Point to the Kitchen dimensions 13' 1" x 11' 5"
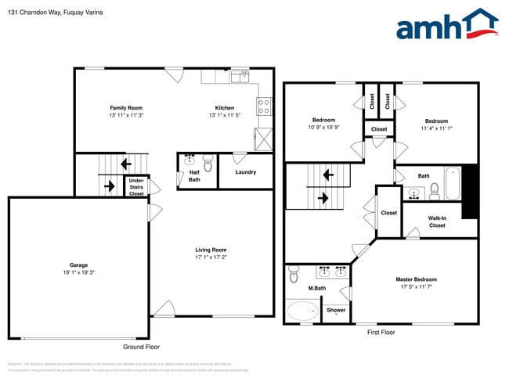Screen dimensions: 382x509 (x=225, y=115)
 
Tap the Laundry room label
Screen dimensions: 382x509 (x=245, y=172)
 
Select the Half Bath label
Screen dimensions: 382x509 (x=193, y=176)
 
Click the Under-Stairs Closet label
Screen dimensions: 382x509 (x=136, y=187)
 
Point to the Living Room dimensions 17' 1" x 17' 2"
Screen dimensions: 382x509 (x=211, y=258)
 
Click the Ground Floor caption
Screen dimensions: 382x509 (x=141, y=347)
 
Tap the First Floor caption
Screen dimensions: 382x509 (x=381, y=333)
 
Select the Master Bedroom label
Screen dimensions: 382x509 (x=416, y=279)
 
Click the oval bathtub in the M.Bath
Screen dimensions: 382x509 (x=302, y=311)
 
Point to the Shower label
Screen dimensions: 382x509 (x=336, y=310)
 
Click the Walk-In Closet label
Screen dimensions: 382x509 (x=437, y=222)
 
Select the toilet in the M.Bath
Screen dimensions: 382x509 (x=294, y=275)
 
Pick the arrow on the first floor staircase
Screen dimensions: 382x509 (x=321, y=198)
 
